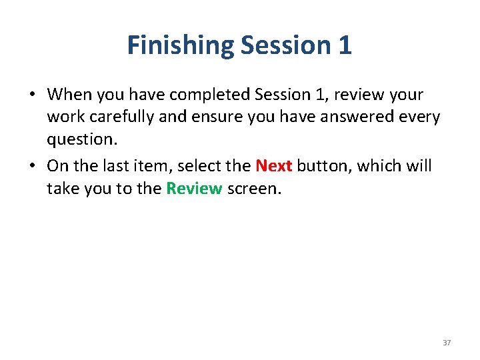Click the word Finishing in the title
coord(180,45)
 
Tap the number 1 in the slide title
coord(344,45)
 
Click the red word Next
coord(274,165)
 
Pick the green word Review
coord(194,189)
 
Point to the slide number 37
coord(447,343)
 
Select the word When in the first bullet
coord(69,95)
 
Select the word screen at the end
coord(254,189)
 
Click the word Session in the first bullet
coord(284,95)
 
